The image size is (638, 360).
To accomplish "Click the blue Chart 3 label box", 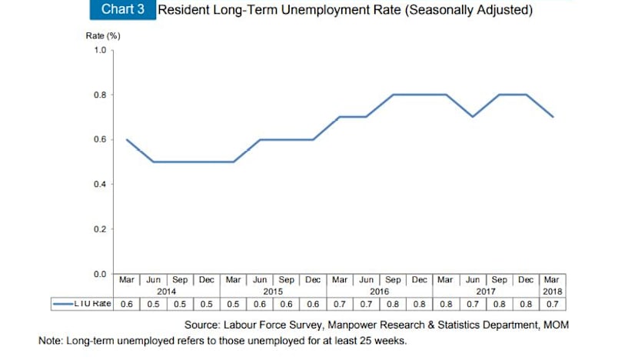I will click(122, 11).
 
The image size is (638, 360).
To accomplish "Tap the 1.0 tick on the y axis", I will click(100, 50).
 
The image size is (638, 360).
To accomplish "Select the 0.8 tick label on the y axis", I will click(100, 95).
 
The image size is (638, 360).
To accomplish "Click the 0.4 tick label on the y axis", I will click(100, 185).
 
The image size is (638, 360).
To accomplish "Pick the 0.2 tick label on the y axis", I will click(100, 229).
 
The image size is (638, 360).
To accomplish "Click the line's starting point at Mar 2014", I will click(127, 139).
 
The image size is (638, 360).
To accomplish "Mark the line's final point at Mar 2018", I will click(553, 117).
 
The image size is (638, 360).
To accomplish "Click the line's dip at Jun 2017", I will click(473, 117).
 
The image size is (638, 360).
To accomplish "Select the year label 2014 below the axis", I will click(167, 292).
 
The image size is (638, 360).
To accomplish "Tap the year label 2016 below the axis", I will click(380, 292).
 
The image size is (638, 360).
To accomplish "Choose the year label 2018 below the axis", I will click(553, 292).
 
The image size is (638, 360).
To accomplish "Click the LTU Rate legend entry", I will click(82, 304).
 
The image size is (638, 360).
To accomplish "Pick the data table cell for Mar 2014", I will click(127, 304).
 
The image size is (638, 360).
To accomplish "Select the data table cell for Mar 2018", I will click(553, 304).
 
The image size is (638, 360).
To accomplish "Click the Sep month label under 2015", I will click(287, 280).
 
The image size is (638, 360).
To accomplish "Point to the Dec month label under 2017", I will click(526, 280).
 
